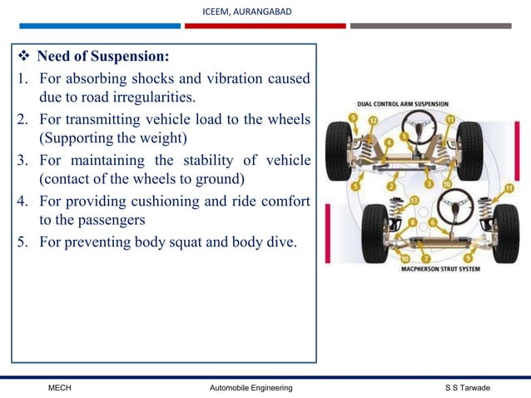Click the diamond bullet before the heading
23,57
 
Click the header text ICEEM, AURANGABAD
247,11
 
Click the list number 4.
20,201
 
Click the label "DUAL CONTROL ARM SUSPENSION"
402,105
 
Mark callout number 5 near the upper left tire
355,187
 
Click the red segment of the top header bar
265,26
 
